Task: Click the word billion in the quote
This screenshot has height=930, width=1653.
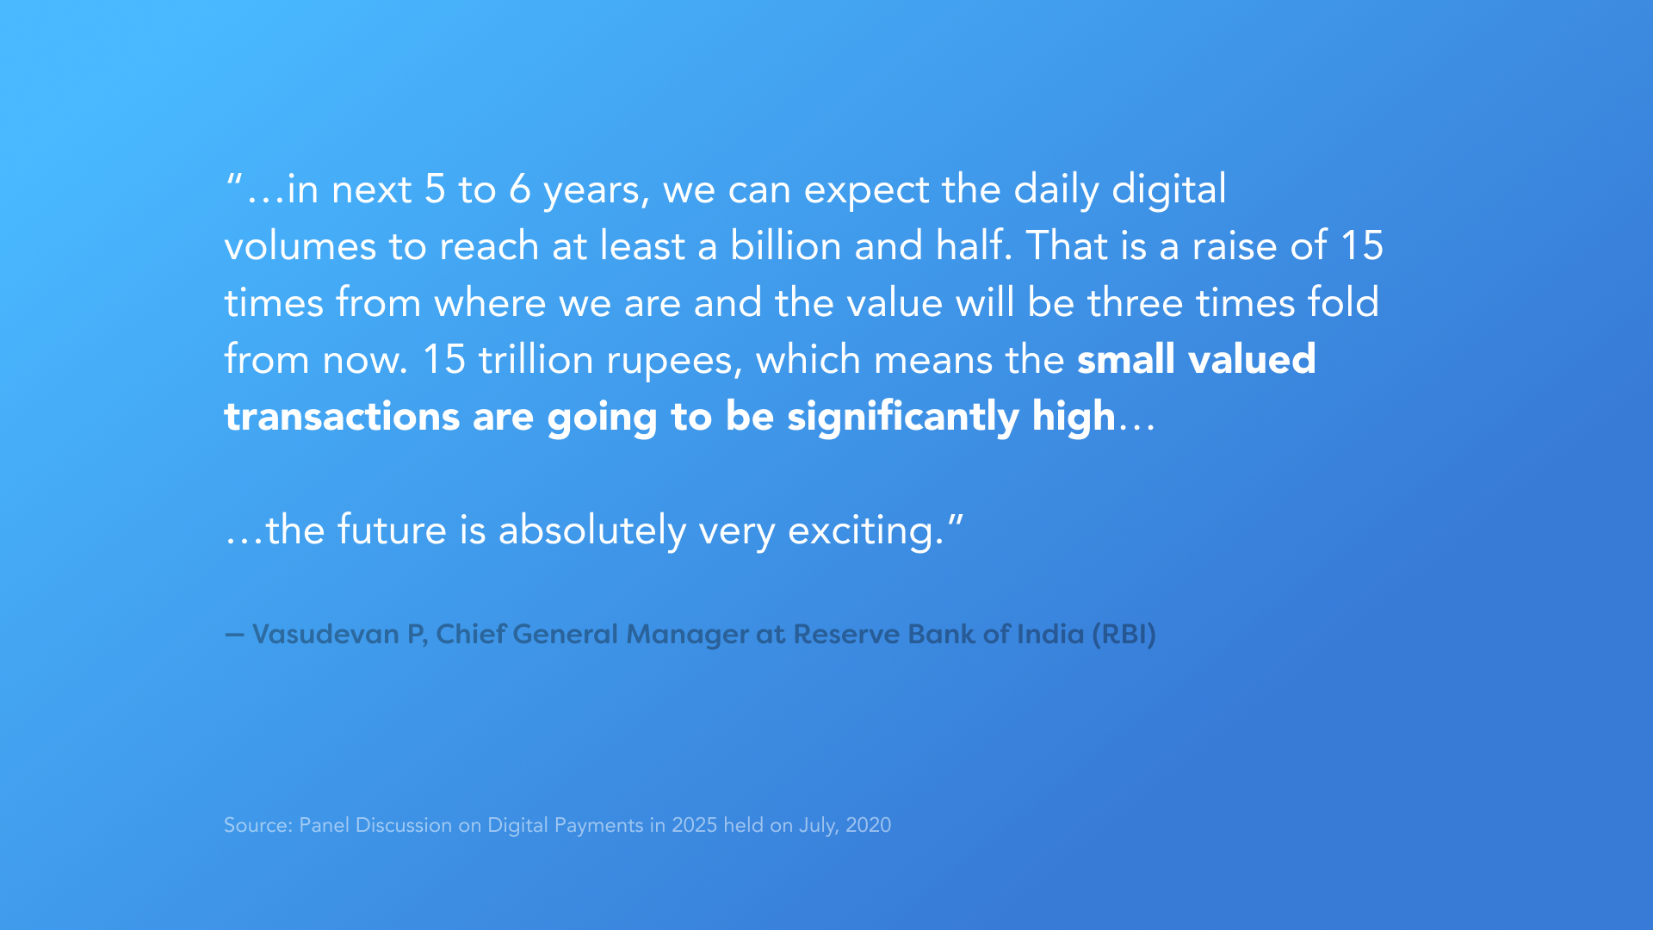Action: pyautogui.click(x=786, y=245)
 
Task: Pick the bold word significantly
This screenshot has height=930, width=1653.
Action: pyautogui.click(x=903, y=418)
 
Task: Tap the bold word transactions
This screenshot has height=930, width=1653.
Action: pyautogui.click(x=342, y=418)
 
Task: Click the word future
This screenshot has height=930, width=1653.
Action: pyautogui.click(x=392, y=530)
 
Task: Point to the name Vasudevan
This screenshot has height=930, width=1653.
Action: pyautogui.click(x=326, y=635)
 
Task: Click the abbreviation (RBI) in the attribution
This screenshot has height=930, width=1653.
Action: pyautogui.click(x=1124, y=635)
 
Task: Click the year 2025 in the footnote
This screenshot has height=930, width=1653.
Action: pyautogui.click(x=694, y=825)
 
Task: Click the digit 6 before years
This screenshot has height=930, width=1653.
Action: pyautogui.click(x=519, y=189)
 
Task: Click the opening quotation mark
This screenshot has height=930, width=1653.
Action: pyautogui.click(x=233, y=180)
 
